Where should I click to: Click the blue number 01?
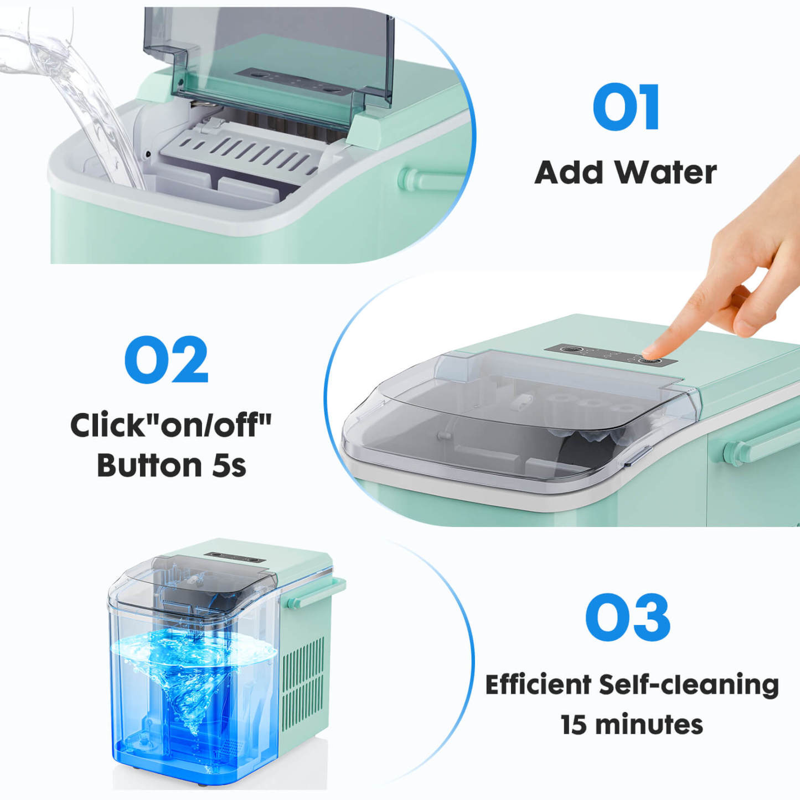coord(626,107)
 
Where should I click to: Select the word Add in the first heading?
coord(569,172)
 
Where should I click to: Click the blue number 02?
coord(167,360)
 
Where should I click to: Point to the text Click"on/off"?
coord(171,425)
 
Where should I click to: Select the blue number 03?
coord(627,618)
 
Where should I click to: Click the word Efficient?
coord(538,684)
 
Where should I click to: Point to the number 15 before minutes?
coord(574,725)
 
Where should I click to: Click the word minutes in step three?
coord(649,725)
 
